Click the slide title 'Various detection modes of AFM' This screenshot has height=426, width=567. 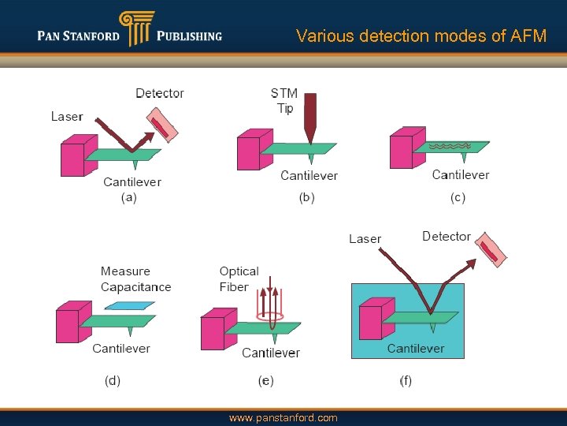click(x=421, y=35)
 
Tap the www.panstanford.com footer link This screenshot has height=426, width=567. click(x=283, y=417)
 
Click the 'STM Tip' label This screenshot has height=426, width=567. click(x=284, y=101)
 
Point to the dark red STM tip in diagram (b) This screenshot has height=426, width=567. click(x=309, y=118)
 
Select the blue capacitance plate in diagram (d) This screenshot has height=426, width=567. click(x=129, y=305)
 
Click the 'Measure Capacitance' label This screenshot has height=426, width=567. click(x=135, y=279)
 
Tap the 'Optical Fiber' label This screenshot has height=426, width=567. click(x=239, y=279)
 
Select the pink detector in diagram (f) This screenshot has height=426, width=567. click(x=490, y=250)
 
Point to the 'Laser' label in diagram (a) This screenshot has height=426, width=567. click(x=67, y=117)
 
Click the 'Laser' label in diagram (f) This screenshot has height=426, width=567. click(x=365, y=239)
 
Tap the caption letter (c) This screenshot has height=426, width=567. click(x=458, y=197)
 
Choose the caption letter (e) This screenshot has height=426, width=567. click(x=266, y=381)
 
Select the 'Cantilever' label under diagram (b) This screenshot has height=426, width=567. click(x=309, y=175)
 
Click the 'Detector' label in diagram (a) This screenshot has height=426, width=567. click(x=160, y=93)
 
